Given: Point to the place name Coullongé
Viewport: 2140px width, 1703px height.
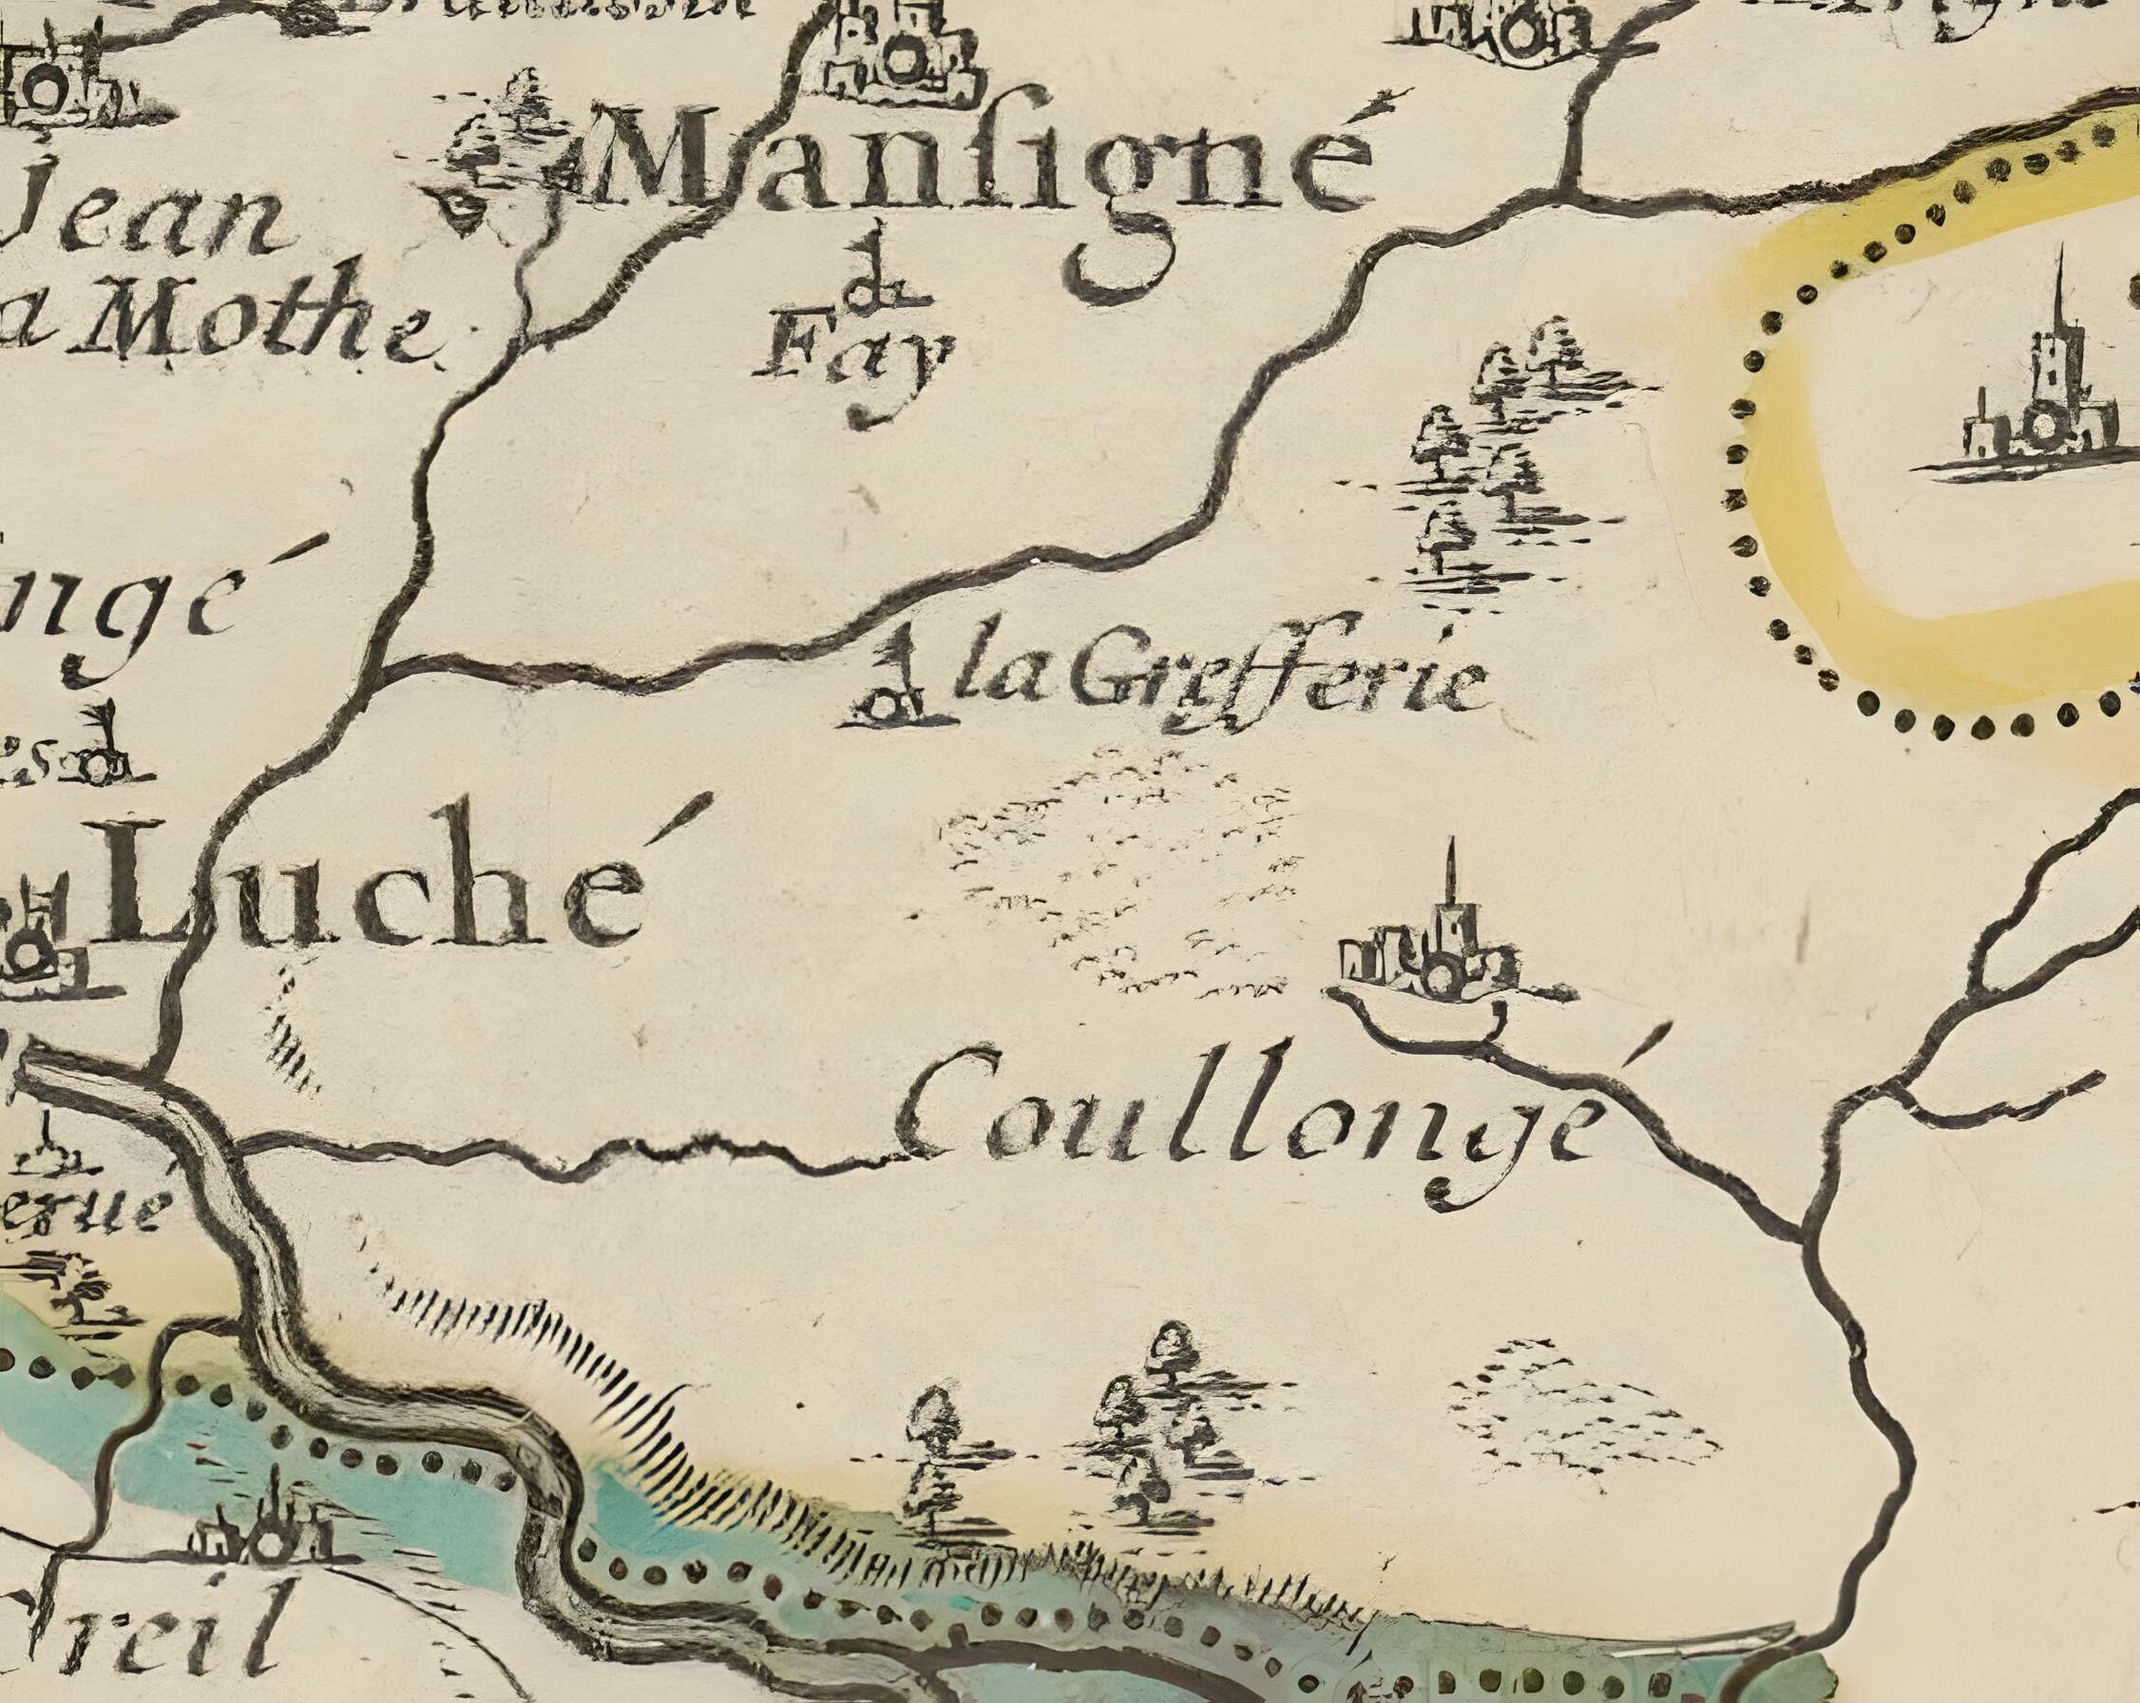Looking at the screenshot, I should point(1246,1117).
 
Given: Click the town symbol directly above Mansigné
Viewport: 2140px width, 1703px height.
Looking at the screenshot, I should point(898,54).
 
